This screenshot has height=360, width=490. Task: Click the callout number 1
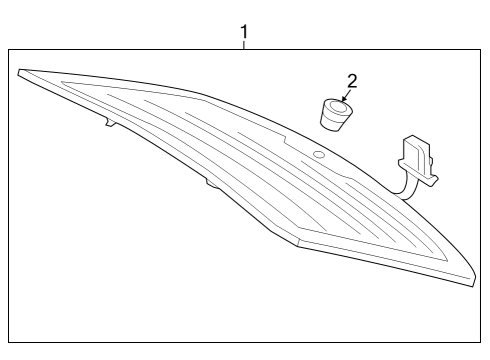[244, 32]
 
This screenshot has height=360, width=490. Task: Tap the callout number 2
[352, 81]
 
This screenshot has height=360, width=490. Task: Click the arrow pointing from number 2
[346, 95]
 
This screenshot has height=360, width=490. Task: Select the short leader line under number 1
[244, 45]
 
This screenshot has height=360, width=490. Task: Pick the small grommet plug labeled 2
[336, 114]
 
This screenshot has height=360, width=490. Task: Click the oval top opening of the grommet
[338, 107]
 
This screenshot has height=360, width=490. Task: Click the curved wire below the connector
[407, 189]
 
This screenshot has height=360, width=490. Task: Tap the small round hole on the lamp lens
[319, 154]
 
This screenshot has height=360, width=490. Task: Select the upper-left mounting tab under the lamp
[110, 122]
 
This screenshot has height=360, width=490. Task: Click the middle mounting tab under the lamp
[212, 184]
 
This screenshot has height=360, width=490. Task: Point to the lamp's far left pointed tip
[18, 72]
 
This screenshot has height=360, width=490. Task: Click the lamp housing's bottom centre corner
[298, 246]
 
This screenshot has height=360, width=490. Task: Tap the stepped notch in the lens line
[284, 140]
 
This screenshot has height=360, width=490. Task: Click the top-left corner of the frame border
[9, 50]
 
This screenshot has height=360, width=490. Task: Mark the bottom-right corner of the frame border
[480, 342]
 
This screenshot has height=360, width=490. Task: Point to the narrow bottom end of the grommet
[331, 127]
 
